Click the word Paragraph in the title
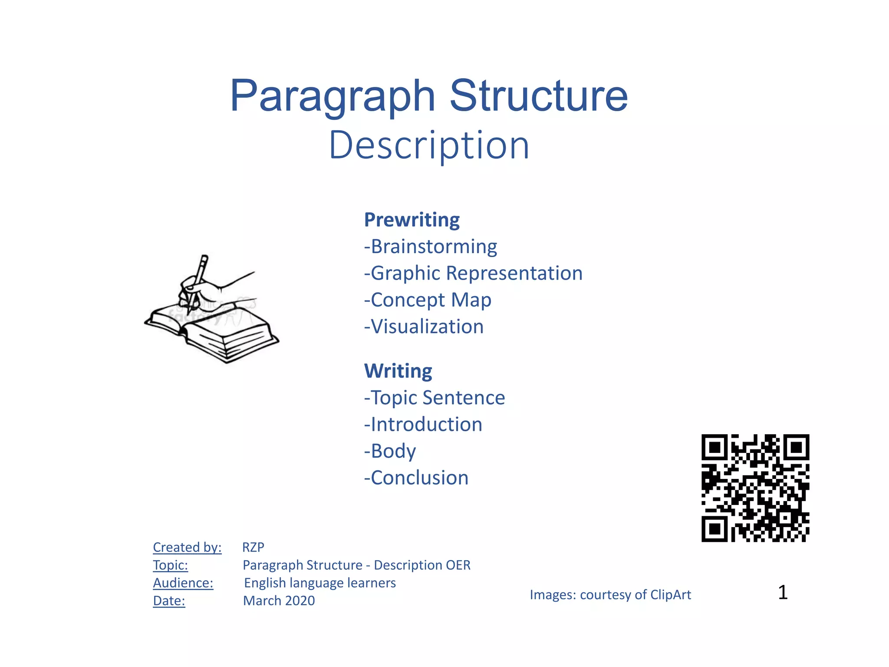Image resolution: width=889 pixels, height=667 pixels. coord(332,96)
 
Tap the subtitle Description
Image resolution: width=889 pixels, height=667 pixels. coord(429,145)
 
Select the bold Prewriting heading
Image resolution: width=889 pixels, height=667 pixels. coord(412,220)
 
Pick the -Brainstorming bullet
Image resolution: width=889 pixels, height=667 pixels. coord(430,247)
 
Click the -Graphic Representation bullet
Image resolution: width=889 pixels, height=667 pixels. coord(473,274)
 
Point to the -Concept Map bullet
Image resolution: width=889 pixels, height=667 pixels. coord(428,300)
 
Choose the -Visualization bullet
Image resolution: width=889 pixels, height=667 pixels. coord(424,327)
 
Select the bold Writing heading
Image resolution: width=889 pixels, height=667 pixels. coord(398,371)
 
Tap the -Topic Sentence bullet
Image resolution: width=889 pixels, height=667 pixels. coord(435,398)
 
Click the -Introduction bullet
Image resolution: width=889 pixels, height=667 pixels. coord(423,425)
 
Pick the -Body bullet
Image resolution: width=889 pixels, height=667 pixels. coord(390,451)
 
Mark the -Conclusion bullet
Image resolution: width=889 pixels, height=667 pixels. coord(416,478)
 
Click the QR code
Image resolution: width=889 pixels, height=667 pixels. coord(755,488)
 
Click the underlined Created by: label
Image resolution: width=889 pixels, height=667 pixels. coord(187,547)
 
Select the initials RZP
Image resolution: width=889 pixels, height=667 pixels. coord(253,547)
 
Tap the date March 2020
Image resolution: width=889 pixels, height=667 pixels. coord(279,601)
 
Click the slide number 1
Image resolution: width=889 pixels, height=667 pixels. coord(783,592)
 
